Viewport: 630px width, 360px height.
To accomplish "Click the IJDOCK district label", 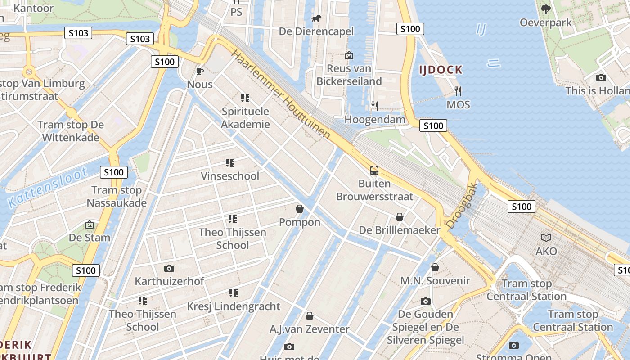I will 441,70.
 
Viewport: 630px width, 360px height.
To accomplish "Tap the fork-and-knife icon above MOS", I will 458,91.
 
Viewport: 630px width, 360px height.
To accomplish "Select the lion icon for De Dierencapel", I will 316,18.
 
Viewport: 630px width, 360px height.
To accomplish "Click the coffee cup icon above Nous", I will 200,71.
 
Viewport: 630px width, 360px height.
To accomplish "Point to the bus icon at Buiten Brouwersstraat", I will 374,171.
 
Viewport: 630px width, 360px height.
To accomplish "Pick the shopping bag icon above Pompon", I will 299,209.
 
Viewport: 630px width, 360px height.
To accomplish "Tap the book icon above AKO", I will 546,238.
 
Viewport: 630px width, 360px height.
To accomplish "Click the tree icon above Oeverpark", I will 545,9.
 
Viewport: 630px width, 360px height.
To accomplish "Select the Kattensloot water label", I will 47,187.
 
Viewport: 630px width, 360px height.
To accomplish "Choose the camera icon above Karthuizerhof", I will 169,268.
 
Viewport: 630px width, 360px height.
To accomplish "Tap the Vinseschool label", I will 230,176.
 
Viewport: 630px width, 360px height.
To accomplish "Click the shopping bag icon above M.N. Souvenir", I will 435,267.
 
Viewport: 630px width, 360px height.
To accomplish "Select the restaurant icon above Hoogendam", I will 374,106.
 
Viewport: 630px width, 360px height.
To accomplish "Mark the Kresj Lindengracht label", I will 234,306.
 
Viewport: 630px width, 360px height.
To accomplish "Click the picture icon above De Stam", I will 90,224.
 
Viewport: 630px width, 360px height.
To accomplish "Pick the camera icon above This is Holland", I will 601,77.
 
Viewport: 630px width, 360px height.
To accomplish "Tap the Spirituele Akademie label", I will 245,118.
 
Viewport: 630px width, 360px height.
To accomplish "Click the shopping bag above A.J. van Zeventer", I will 309,316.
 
